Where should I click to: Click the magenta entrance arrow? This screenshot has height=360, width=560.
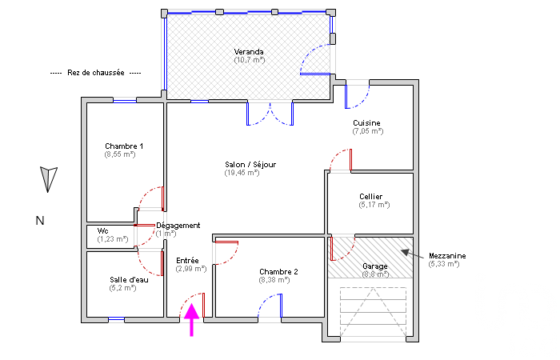(192, 319)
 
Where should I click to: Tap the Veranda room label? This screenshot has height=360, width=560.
(249, 52)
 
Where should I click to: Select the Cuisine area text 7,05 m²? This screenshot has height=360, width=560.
(368, 131)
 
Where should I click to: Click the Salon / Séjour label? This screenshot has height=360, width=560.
(250, 165)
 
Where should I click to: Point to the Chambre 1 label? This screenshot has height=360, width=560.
(124, 146)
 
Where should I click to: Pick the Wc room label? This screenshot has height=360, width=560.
(103, 231)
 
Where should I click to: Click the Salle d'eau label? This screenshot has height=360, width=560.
(129, 280)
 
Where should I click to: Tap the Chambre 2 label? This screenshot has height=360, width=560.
(278, 272)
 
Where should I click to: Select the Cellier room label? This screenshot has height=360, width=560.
(370, 197)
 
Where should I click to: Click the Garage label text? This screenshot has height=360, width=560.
(375, 266)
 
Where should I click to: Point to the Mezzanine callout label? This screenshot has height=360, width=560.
(447, 256)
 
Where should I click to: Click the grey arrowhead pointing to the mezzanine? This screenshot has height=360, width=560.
(406, 253)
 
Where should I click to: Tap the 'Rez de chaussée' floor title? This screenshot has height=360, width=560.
(96, 73)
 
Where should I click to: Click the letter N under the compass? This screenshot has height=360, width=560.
(40, 221)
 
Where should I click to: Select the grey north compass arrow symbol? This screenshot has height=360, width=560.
(48, 179)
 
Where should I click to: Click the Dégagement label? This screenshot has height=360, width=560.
(178, 226)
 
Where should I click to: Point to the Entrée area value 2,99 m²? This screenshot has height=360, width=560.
(191, 269)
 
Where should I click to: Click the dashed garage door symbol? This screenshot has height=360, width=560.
(374, 312)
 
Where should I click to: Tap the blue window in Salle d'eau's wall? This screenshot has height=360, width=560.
(117, 319)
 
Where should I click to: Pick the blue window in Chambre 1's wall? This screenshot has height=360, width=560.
(125, 101)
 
